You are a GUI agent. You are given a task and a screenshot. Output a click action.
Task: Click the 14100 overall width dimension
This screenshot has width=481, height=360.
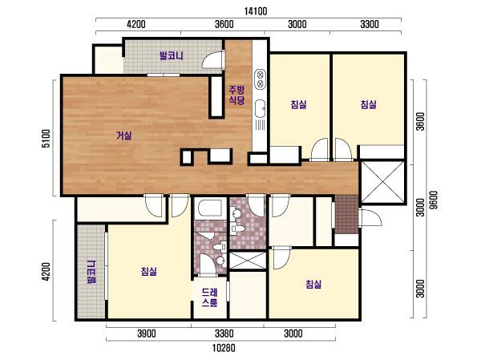[x=256, y=11]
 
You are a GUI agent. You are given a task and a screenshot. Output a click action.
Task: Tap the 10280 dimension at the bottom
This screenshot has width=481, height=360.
[x=224, y=348]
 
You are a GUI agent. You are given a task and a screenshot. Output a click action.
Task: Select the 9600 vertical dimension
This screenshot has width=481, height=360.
[x=434, y=200]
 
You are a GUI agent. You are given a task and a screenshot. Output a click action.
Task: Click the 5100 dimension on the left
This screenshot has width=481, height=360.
[x=46, y=139]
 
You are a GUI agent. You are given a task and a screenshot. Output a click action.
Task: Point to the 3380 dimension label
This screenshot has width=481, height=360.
[x=224, y=334]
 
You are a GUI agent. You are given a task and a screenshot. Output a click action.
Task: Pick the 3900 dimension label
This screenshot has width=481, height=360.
[x=147, y=334]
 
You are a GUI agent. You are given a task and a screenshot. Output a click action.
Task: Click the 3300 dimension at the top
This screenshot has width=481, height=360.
[x=370, y=24]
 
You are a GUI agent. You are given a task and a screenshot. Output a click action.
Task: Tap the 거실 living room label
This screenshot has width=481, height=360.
[x=124, y=136]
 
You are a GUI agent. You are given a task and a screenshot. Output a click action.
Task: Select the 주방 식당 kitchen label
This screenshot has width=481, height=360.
[x=236, y=95]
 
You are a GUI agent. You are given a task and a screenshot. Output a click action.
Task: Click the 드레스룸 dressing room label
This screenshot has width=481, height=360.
[x=210, y=297]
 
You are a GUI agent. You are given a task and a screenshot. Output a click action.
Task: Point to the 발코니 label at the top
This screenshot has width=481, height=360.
[x=172, y=56]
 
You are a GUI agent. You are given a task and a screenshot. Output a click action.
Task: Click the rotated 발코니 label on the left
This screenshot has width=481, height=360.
[x=91, y=272]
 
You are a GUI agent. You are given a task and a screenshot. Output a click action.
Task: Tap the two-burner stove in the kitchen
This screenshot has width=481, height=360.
[x=260, y=79]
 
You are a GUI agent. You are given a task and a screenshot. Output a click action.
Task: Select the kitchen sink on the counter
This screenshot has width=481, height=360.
[x=260, y=108]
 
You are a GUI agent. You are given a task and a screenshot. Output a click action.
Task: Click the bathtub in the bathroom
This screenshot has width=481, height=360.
[x=210, y=208]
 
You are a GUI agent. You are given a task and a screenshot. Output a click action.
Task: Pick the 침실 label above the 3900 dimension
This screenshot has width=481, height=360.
[x=149, y=271]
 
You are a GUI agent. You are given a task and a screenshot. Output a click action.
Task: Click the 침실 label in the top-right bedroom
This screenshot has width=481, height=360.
[x=368, y=105]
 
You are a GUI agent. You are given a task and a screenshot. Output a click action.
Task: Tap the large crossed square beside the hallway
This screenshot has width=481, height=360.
[x=382, y=182]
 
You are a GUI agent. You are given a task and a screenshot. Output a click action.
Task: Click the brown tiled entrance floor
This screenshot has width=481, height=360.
[x=346, y=215]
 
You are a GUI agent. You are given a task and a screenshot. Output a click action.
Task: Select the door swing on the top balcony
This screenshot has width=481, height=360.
[x=212, y=60]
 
